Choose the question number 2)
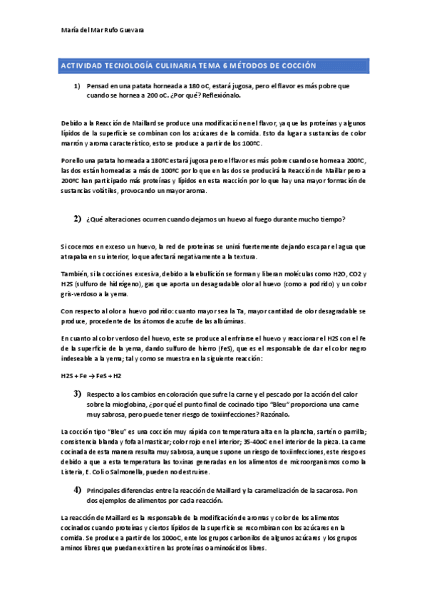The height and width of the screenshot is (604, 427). pyautogui.click(x=77, y=218)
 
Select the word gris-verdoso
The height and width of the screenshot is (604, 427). pyautogui.click(x=81, y=293)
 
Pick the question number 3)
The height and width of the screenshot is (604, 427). pyautogui.click(x=77, y=394)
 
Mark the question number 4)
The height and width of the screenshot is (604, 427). pyautogui.click(x=77, y=490)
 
